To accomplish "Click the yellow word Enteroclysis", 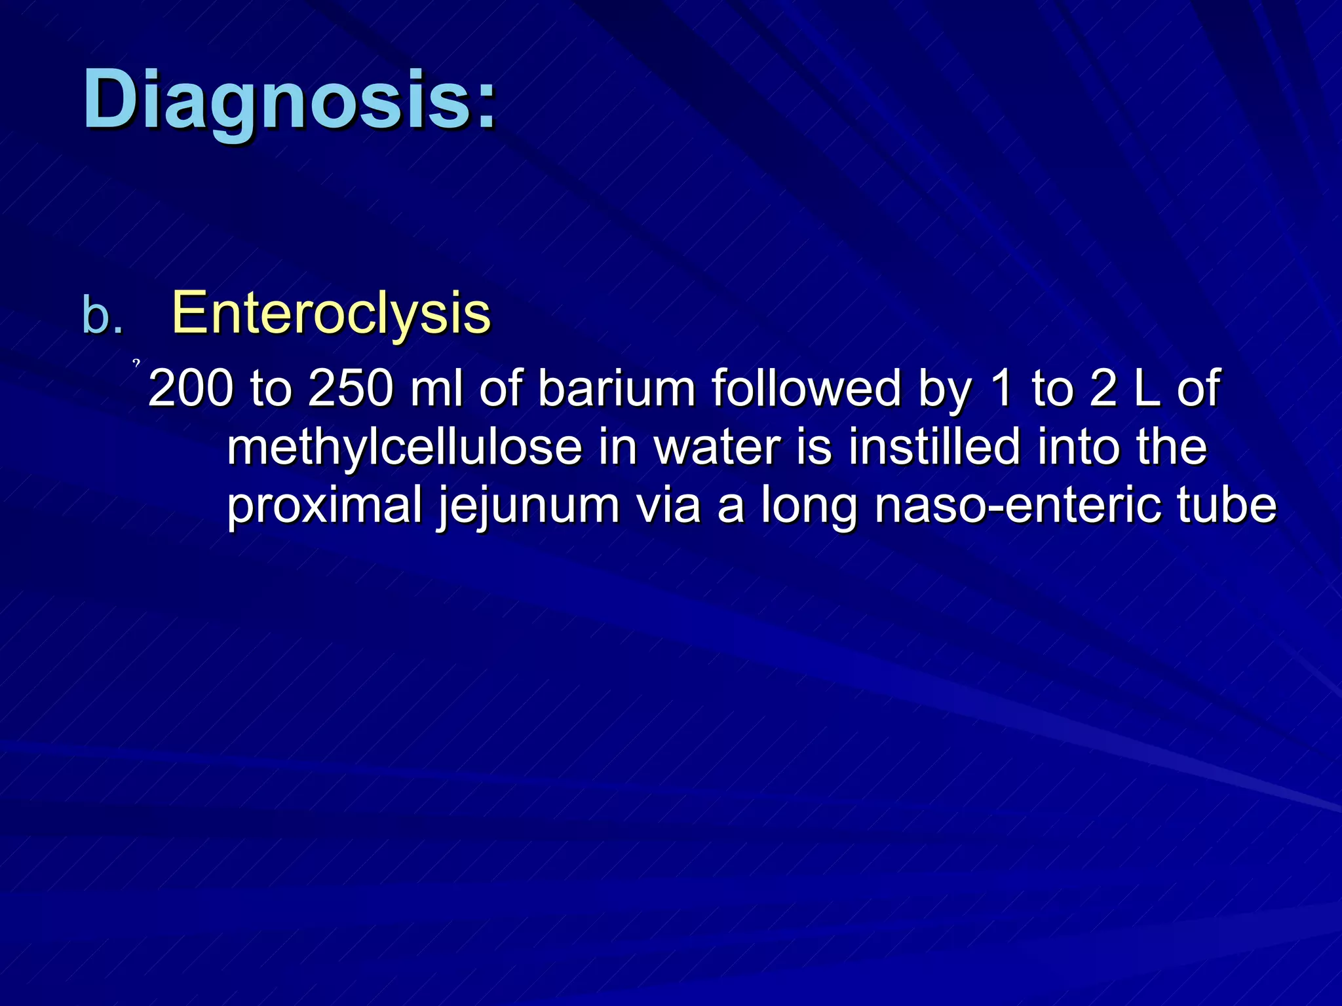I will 331,313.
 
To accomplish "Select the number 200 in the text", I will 190,388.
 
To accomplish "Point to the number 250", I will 351,388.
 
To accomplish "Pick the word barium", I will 617,388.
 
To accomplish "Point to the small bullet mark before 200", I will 136,362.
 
